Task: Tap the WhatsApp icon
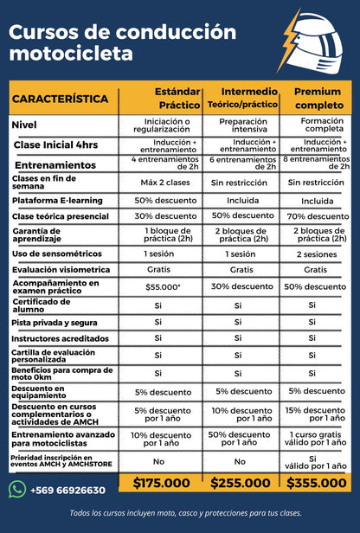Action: (16, 490)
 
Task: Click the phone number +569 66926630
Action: (67, 490)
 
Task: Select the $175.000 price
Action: (161, 483)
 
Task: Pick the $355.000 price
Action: (318, 483)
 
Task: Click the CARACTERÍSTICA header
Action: (61, 100)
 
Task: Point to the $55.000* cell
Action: (162, 286)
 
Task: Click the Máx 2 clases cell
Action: (162, 183)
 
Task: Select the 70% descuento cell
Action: (318, 215)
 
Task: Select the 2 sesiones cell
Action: (318, 254)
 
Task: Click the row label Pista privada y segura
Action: (55, 321)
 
